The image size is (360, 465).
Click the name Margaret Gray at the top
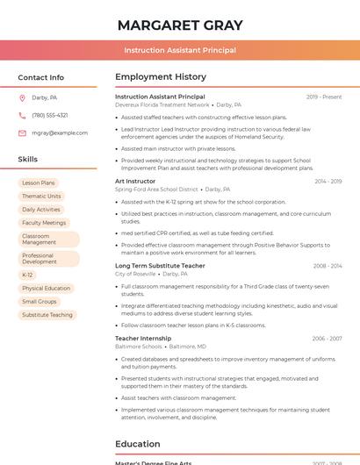click(179, 25)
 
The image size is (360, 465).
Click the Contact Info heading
click(40, 77)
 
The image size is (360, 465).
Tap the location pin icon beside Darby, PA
click(22, 97)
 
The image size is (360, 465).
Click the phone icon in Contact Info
click(22, 115)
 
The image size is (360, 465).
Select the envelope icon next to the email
click(22, 132)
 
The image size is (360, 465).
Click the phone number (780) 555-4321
click(50, 115)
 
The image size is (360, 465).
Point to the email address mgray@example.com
click(60, 132)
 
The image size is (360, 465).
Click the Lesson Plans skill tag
click(38, 182)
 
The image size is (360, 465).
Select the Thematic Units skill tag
click(41, 196)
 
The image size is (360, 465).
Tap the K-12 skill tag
click(27, 275)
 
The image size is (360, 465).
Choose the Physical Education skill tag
click(46, 288)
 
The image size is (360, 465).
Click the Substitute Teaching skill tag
click(47, 314)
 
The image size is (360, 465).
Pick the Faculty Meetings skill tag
click(44, 222)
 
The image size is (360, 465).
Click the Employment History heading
click(160, 77)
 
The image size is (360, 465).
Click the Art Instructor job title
click(135, 181)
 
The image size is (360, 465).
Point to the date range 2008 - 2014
click(327, 266)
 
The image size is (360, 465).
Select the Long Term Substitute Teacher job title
click(160, 265)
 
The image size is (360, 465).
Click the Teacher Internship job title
click(143, 338)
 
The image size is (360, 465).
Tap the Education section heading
click(137, 444)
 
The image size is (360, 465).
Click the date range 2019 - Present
click(324, 97)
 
